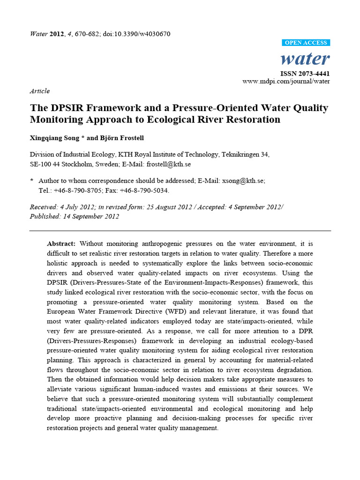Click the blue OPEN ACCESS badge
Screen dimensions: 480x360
pyautogui.click(x=307, y=43)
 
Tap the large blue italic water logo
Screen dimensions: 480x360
pyautogui.click(x=305, y=59)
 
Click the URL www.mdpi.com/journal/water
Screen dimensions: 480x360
pyautogui.click(x=286, y=81)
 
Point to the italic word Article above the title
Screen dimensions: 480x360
pyautogui.click(x=39, y=91)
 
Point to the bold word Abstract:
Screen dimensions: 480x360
pyautogui.click(x=61, y=244)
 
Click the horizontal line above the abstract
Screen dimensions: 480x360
pyautogui.click(x=180, y=231)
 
